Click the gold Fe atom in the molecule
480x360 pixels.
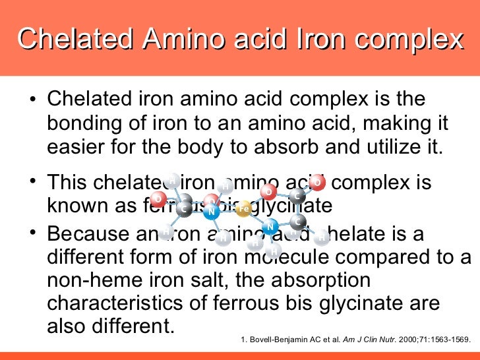(243, 208)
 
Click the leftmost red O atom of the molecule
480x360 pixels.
(158, 198)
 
